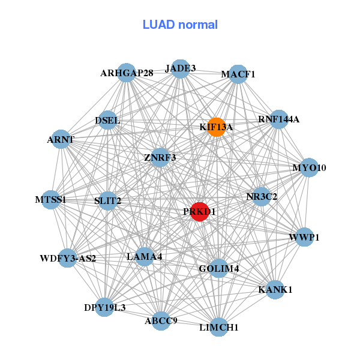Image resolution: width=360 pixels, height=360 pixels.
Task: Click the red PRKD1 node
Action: pyautogui.click(x=199, y=212)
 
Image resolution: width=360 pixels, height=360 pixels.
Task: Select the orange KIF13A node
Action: pyautogui.click(x=216, y=127)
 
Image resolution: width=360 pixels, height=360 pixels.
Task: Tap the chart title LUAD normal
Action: pyautogui.click(x=180, y=25)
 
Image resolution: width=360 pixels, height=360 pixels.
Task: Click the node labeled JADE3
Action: pyautogui.click(x=181, y=68)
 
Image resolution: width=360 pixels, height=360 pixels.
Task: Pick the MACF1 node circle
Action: pyautogui.click(x=238, y=74)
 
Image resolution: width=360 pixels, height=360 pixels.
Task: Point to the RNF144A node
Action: pyautogui.click(x=278, y=119)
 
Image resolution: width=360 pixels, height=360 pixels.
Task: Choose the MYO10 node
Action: pyautogui.click(x=309, y=167)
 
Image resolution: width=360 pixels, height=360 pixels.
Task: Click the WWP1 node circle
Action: pyautogui.click(x=305, y=237)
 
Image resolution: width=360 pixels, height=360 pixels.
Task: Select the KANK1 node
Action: pyautogui.click(x=275, y=290)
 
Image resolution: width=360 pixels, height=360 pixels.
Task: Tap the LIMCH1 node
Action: pyautogui.click(x=218, y=327)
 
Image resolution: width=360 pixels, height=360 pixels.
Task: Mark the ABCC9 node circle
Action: pyautogui.click(x=161, y=321)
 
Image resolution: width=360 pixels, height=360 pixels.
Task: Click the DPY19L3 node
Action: pyautogui.click(x=105, y=308)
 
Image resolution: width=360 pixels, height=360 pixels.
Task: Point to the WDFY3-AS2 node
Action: pyautogui.click(x=68, y=259)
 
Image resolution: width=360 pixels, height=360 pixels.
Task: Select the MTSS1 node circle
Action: pyautogui.click(x=50, y=200)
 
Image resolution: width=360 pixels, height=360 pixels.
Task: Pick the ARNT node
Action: pyautogui.click(x=61, y=140)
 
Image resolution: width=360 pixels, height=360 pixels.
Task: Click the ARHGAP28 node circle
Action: pyautogui.click(x=126, y=73)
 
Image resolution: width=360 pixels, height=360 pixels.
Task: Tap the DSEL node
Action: pyautogui.click(x=108, y=121)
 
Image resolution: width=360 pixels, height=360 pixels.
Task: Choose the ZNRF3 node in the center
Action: pyautogui.click(x=160, y=158)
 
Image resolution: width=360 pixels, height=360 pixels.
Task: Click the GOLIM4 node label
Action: pyautogui.click(x=219, y=268)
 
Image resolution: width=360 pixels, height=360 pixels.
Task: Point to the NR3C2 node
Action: pyautogui.click(x=262, y=196)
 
